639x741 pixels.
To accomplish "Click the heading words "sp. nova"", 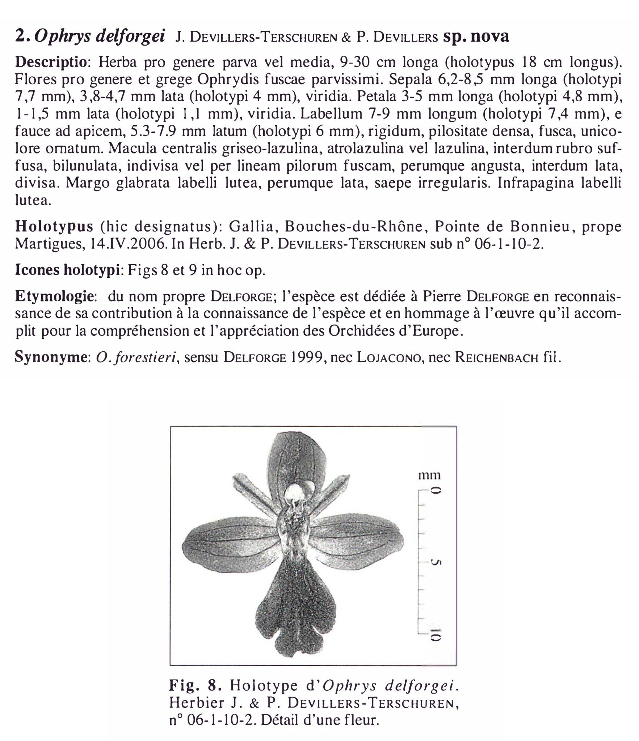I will (476, 37).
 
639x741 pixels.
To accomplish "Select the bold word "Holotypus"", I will (54, 227).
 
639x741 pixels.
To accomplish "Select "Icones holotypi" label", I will (67, 271).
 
